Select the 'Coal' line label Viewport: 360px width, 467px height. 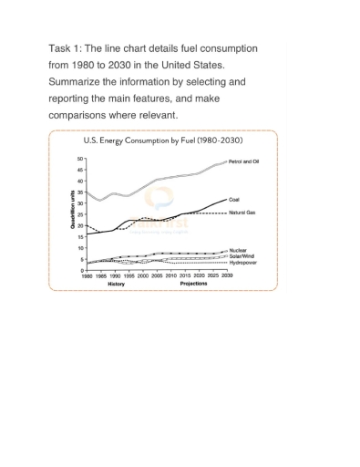pyautogui.click(x=234, y=198)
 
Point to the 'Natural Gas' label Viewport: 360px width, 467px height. pyautogui.click(x=242, y=212)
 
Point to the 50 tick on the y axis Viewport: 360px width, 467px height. pyautogui.click(x=80, y=159)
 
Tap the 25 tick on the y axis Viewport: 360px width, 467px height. pyautogui.click(x=80, y=214)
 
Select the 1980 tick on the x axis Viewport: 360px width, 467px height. pyautogui.click(x=87, y=275)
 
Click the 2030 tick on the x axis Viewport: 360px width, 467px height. pyautogui.click(x=226, y=275)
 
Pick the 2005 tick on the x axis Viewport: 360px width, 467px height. pyautogui.click(x=157, y=275)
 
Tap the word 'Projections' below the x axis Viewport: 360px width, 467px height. pyautogui.click(x=193, y=284)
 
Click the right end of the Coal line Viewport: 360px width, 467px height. pyautogui.click(x=226, y=199)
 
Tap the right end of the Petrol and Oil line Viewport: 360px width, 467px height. pyautogui.click(x=226, y=161)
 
